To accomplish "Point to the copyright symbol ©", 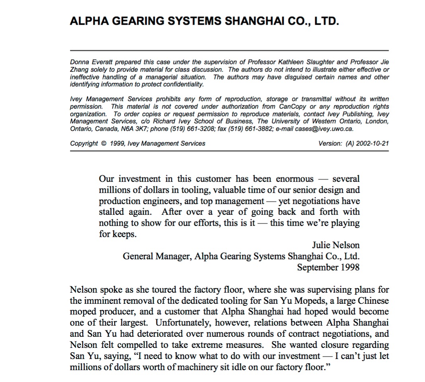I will (104, 144).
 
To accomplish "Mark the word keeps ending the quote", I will (124, 234).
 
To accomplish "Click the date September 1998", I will (328, 267).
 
